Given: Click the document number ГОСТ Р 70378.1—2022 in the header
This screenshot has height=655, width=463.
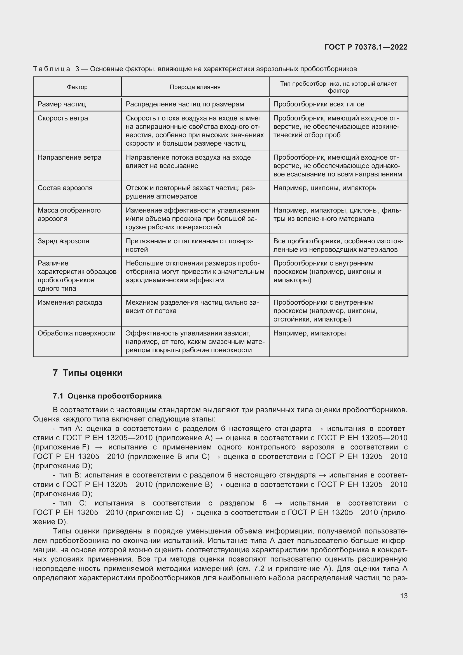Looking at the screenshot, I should [366, 47].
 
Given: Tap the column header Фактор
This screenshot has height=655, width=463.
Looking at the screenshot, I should [77, 87].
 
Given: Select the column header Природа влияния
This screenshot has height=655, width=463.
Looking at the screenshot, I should [195, 87].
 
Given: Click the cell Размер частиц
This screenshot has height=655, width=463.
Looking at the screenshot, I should [62, 104].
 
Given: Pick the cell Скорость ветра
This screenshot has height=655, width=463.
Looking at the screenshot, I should [63, 118].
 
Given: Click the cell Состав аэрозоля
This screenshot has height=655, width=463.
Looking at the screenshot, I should [65, 188].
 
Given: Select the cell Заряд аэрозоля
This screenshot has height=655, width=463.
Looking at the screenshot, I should [63, 241].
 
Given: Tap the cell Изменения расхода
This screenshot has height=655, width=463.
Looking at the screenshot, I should [70, 302].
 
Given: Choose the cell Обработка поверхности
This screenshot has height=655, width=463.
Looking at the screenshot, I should [76, 333].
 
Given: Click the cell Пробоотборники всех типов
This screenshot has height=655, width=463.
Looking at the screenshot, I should [319, 104].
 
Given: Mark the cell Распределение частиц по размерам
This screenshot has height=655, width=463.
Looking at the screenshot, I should [185, 104].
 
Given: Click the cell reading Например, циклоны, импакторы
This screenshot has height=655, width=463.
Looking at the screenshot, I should [325, 188].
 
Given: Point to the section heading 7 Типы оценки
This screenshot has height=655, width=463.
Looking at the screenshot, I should [88, 373].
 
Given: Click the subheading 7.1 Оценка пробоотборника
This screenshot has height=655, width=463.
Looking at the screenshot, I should [107, 396].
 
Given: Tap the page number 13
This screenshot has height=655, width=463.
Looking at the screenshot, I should [403, 596].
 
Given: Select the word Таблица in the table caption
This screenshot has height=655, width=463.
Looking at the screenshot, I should [51, 69].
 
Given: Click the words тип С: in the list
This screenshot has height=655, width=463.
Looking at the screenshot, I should [73, 503].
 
